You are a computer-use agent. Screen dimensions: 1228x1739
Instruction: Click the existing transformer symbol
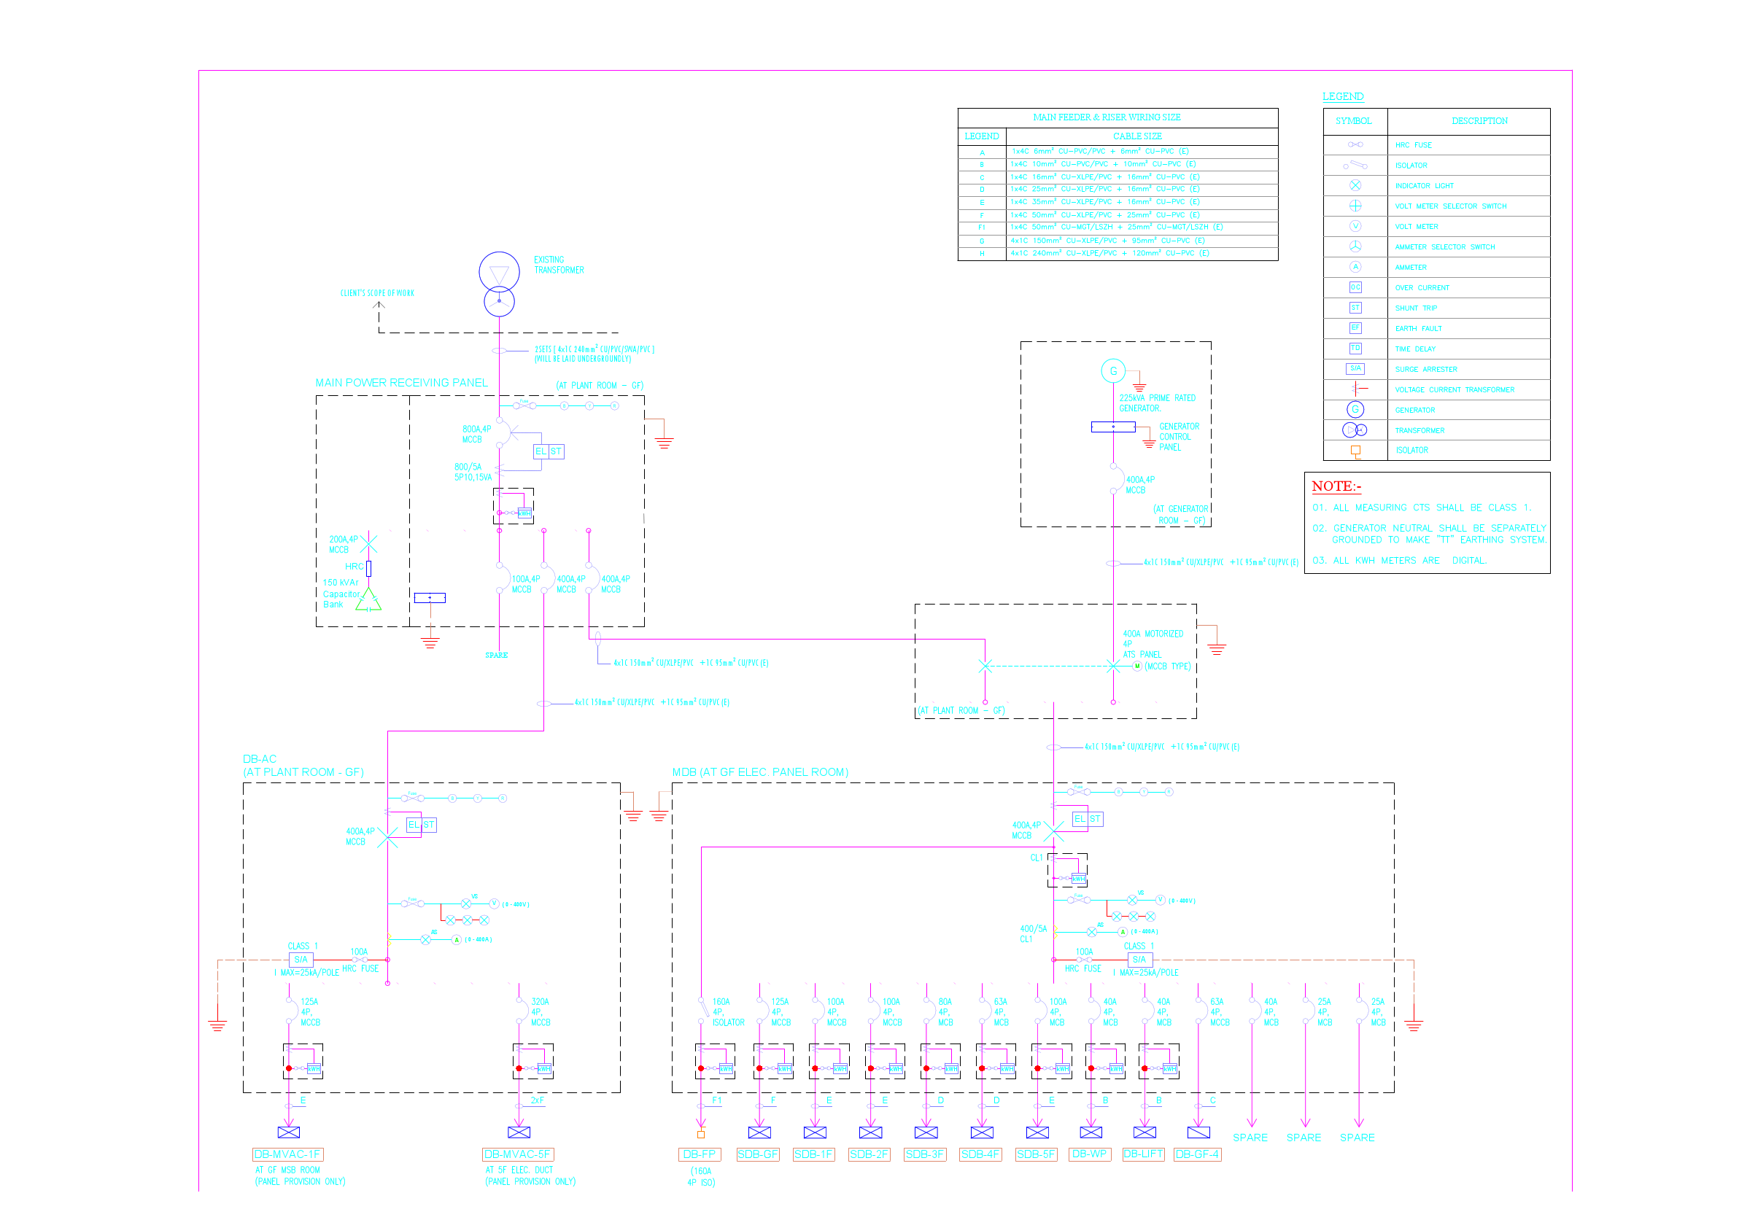coord(499,284)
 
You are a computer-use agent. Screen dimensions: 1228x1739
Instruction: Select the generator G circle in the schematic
coord(1112,371)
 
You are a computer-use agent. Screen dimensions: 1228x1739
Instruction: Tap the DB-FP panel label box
coord(698,1154)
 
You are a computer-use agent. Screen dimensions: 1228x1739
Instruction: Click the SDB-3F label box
coord(925,1154)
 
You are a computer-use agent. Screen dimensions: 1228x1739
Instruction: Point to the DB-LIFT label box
coord(1143,1154)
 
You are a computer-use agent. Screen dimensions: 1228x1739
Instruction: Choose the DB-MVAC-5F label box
coord(518,1154)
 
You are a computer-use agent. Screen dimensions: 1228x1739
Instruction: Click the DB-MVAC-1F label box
coord(288,1154)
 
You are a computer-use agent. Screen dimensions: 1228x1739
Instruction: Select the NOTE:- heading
coord(1336,486)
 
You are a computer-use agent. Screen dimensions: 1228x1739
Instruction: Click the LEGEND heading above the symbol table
coord(1343,96)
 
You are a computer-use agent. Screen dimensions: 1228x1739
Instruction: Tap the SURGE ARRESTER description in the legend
coord(1426,370)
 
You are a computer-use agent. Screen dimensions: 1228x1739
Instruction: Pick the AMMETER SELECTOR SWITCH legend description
coord(1444,246)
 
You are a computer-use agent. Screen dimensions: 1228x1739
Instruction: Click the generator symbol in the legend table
coord(1355,410)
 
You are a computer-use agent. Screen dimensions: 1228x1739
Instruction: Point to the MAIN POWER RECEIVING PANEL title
coord(401,382)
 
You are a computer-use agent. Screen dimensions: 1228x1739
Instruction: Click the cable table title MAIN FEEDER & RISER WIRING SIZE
coord(1107,117)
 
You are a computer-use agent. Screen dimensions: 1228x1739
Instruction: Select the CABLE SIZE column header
coord(1137,136)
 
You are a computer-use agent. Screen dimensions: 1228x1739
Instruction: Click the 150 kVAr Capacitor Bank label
coord(341,594)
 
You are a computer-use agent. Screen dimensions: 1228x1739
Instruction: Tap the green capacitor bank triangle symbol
coord(368,599)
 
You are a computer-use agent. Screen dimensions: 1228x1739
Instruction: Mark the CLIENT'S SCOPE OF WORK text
coord(377,293)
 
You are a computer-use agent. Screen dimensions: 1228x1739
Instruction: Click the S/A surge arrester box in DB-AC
coord(301,959)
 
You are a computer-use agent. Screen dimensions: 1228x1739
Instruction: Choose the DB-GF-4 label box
coord(1197,1154)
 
